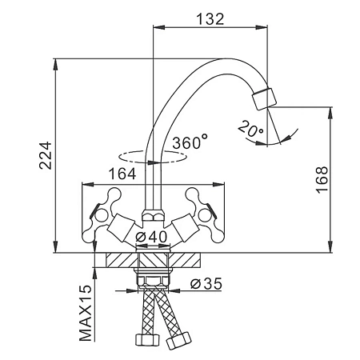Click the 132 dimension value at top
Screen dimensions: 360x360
[210, 19]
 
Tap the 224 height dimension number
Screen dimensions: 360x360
[46, 155]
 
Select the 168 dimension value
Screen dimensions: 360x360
[322, 179]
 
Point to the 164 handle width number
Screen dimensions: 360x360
[122, 174]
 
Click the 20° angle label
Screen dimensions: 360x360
[250, 129]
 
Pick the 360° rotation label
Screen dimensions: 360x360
[190, 142]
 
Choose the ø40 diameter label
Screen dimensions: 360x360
[151, 236]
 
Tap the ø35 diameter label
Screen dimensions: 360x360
[206, 284]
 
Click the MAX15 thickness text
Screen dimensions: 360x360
[86, 314]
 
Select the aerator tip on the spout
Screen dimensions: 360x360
[264, 98]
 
